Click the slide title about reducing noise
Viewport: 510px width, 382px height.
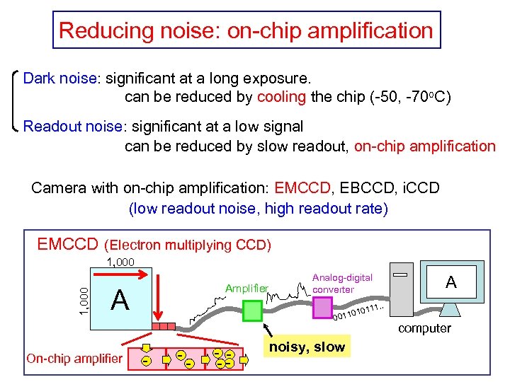coord(246,30)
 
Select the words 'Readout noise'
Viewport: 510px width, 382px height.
coord(74,127)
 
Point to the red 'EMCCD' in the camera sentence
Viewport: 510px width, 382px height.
coord(302,188)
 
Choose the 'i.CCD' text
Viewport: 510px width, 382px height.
coord(421,188)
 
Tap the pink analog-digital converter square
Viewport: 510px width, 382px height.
coord(322,306)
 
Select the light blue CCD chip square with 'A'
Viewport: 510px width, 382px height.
coord(120,299)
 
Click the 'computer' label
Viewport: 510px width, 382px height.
coord(424,328)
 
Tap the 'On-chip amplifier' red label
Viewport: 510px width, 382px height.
coord(74,358)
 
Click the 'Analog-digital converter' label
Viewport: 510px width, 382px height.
coord(342,283)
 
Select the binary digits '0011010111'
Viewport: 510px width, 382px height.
coord(358,311)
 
